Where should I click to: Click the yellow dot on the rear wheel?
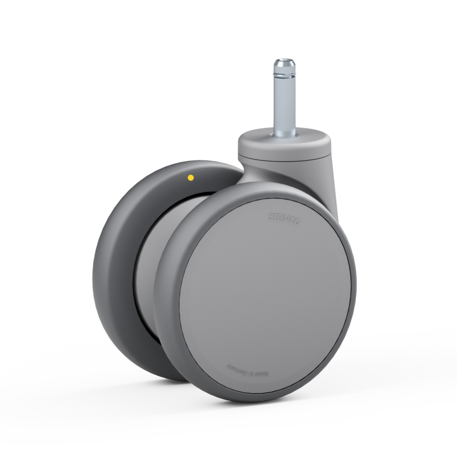(191, 177)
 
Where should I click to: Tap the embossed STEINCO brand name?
(283, 218)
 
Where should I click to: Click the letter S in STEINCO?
(271, 214)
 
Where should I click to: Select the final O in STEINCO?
(297, 222)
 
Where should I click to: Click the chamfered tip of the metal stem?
(285, 61)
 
